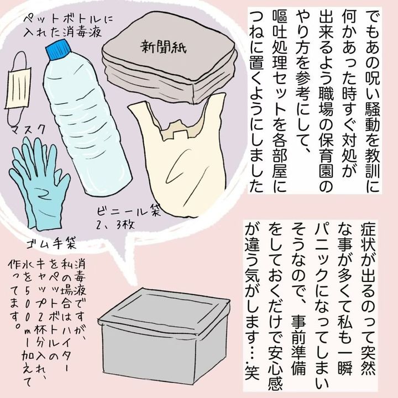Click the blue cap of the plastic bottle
pyautogui.click(x=58, y=50)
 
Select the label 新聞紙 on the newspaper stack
pyautogui.click(x=164, y=47)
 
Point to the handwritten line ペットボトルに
pyautogui.click(x=68, y=20)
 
